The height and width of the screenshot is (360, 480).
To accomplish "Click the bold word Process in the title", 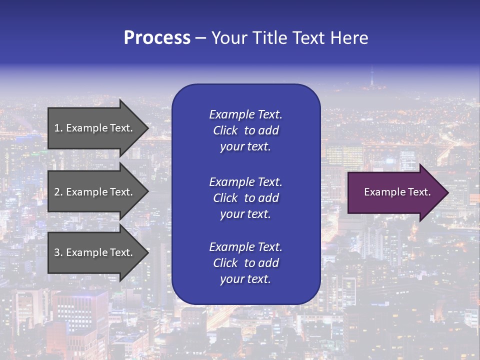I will [x=157, y=38].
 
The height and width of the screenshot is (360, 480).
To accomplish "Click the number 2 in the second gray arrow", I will [x=57, y=192].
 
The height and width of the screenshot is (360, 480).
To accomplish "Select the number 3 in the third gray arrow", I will [x=57, y=252].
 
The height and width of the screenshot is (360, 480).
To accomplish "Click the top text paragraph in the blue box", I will [x=245, y=130].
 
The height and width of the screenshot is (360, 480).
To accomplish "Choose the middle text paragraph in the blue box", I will [x=245, y=198].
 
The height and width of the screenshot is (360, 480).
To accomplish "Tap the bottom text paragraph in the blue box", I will [x=245, y=263].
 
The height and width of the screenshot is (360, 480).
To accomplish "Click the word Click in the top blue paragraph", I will [x=225, y=130].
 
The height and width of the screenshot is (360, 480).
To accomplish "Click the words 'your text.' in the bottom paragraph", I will [x=245, y=279].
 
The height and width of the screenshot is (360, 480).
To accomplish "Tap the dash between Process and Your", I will [x=200, y=38].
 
